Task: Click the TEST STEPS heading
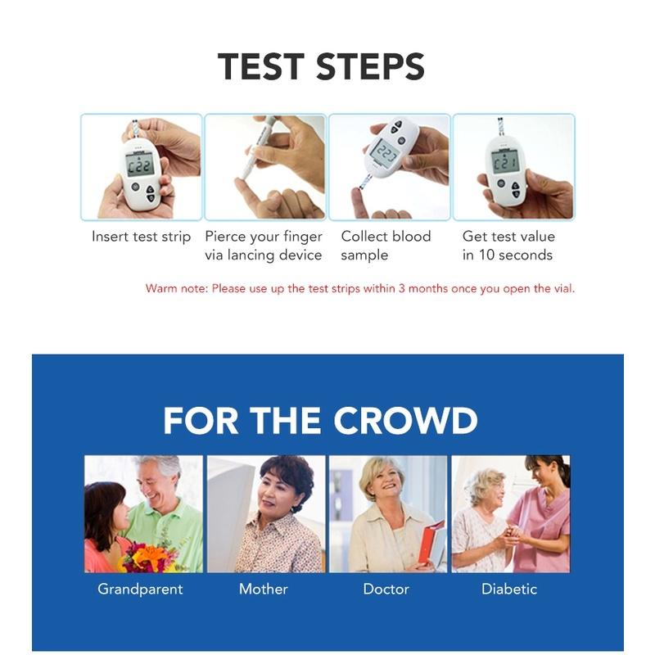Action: click(321, 66)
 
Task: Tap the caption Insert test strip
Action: click(141, 237)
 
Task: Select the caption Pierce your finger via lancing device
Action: click(264, 246)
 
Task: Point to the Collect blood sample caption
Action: click(386, 246)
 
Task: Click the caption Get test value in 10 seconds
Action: click(508, 246)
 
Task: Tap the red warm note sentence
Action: click(360, 289)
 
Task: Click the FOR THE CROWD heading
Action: click(320, 421)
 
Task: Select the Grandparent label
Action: click(140, 589)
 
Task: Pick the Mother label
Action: click(263, 589)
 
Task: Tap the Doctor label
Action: click(386, 589)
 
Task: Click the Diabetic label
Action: click(508, 589)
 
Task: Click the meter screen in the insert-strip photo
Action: click(139, 165)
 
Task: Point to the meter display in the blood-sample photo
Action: click(384, 151)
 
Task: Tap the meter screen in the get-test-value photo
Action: click(505, 160)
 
